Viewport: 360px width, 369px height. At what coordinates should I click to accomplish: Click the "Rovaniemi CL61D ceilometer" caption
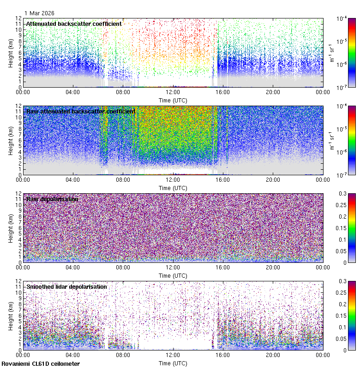41,364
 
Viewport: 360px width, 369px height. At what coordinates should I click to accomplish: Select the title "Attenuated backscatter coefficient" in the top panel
74,24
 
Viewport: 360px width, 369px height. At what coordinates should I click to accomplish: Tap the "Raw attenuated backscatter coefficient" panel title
81,111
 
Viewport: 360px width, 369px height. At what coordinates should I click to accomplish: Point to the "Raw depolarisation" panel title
52,199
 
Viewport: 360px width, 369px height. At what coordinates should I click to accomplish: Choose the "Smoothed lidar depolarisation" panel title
66,286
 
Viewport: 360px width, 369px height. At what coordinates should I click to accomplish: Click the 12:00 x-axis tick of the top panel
173,92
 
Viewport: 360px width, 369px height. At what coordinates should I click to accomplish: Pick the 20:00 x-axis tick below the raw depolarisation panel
273,267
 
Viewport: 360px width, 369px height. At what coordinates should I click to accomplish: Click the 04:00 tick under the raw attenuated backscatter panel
73,179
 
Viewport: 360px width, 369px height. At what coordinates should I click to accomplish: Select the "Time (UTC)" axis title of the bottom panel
173,363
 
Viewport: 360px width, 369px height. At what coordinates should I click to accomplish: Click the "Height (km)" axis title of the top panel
11,52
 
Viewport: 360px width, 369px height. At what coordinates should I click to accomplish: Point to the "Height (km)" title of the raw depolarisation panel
11,227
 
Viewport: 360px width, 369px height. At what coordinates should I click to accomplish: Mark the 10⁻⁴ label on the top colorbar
342,18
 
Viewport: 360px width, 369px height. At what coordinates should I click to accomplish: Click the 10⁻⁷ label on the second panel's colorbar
342,175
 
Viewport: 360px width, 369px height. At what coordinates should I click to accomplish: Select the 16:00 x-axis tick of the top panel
223,92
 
